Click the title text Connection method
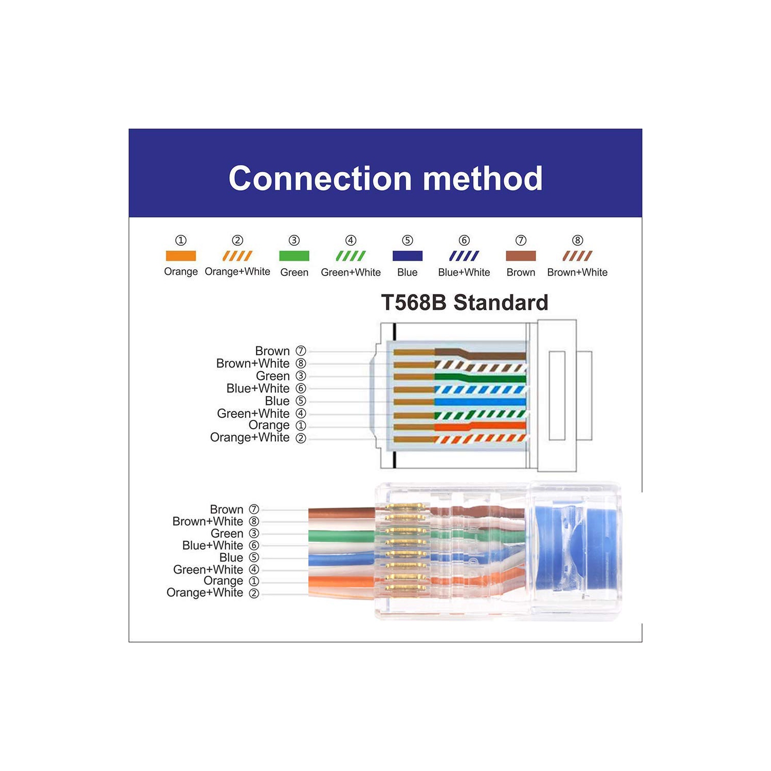pos(385,178)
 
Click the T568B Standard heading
pos(464,302)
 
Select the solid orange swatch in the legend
pos(180,255)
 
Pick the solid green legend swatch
pos(294,255)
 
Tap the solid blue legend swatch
pos(407,255)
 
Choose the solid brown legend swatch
pos(521,255)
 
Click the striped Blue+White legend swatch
pos(464,255)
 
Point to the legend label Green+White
pos(351,272)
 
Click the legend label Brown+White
pos(577,272)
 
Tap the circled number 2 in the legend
pos(237,240)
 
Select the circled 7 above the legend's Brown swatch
pos(521,240)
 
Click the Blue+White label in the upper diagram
pos(258,389)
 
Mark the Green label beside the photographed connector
pos(227,534)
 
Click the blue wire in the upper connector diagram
pos(481,402)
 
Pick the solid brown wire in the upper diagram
pos(493,355)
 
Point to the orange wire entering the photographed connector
pos(339,582)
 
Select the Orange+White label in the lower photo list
pos(205,593)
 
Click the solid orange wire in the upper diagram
pos(481,426)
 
